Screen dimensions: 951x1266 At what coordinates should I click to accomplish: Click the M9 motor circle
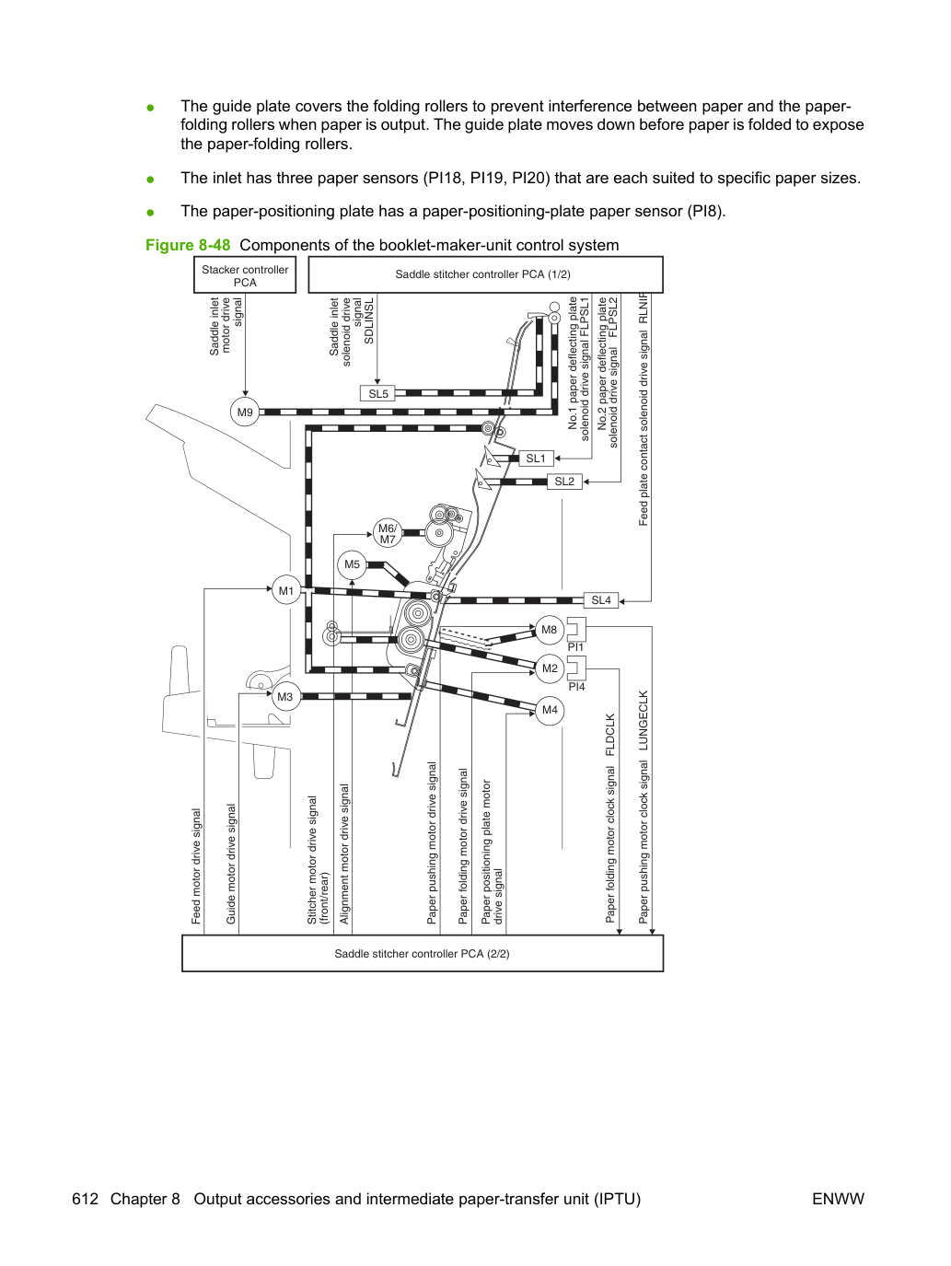(245, 412)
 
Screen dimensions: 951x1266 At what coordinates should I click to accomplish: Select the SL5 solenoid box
(377, 394)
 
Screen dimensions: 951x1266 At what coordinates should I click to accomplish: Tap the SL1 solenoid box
(536, 459)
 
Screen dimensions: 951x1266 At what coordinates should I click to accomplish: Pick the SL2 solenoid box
(564, 482)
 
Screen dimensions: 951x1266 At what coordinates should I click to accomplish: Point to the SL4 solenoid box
(601, 600)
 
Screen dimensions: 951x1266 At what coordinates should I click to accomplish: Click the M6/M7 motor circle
(387, 533)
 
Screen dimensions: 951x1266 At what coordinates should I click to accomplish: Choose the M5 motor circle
(352, 564)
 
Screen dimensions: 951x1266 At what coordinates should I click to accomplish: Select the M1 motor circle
(286, 590)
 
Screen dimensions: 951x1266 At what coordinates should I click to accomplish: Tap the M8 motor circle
(550, 630)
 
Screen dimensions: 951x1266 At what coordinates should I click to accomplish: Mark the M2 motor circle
(550, 668)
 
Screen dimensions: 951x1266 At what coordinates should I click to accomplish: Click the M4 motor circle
(550, 710)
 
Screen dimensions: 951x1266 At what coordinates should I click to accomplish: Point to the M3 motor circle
(285, 697)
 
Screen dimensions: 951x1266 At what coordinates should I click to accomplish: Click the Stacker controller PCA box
(245, 275)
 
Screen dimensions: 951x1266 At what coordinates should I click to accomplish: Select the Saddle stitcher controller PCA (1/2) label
(482, 274)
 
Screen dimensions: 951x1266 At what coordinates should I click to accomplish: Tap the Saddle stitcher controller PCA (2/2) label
(423, 953)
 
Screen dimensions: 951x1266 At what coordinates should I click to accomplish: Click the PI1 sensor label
(575, 647)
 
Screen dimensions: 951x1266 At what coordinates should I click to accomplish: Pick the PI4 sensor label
(576, 686)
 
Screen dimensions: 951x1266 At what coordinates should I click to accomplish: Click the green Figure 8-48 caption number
(188, 245)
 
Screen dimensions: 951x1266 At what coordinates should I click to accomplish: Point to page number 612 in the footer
(86, 1199)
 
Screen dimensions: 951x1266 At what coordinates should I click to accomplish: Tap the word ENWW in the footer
(838, 1199)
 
